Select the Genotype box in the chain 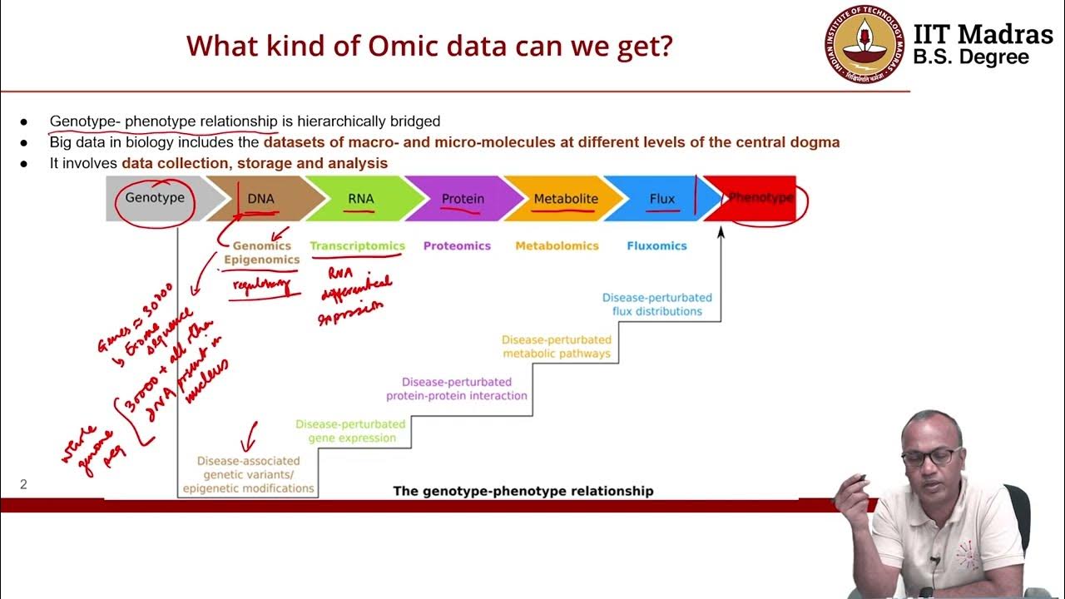pos(154,199)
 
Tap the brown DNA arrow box pos(261,199)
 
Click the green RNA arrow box pos(361,199)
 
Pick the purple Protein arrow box pos(463,199)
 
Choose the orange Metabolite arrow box pos(565,199)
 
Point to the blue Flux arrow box pos(661,199)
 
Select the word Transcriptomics pos(357,245)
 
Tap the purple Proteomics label pos(457,245)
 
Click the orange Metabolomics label pos(557,245)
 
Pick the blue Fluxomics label pos(656,245)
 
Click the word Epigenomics pos(261,260)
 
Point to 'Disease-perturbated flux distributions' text pos(656,304)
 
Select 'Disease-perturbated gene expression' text pos(350,431)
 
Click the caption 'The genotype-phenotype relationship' pos(523,491)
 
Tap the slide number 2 pos(23,484)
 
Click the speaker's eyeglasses pos(928,456)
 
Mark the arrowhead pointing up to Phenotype pos(721,231)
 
